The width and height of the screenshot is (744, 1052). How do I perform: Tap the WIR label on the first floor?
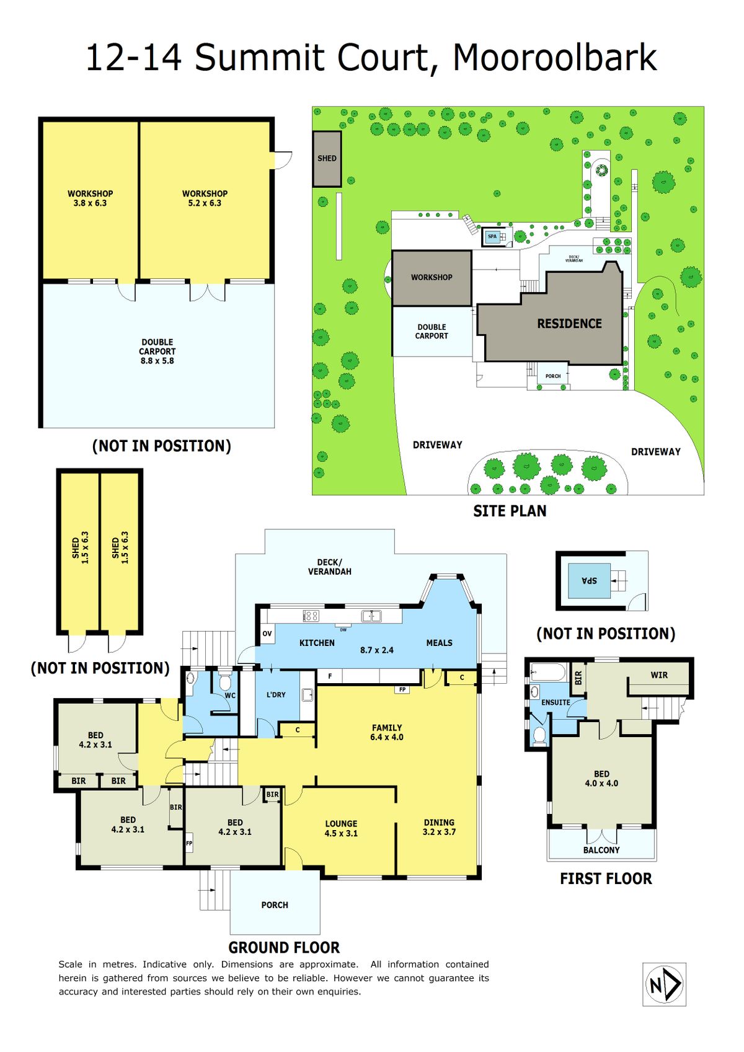coord(659,675)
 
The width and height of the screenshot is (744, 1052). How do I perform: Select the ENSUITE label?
coord(556,702)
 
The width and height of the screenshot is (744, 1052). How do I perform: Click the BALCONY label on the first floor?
coord(601,850)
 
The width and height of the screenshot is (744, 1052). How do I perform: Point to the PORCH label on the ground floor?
coord(275,905)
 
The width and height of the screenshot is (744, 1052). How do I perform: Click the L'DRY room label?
coord(276,694)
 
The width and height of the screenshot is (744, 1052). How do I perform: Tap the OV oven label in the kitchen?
coord(267,634)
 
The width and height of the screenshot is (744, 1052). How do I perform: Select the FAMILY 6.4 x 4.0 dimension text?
coord(386,732)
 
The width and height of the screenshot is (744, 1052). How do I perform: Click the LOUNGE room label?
coord(342,823)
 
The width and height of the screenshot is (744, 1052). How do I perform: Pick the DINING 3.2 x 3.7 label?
coord(439,827)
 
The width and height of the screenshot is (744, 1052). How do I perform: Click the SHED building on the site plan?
coord(327,159)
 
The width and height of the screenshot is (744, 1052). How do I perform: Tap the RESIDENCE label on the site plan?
coord(569,324)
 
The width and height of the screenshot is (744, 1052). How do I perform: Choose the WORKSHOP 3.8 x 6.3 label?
coord(90,198)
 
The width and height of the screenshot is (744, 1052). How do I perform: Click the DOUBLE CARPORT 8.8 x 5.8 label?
coord(157,351)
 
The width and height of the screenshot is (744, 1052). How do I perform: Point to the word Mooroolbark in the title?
coord(555,57)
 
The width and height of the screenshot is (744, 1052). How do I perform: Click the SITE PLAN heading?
coord(510,511)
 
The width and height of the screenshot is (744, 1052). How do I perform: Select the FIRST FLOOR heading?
coord(606,878)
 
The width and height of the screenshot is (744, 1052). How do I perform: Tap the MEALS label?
coord(439,642)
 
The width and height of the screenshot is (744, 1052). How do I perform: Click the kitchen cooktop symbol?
coord(311,615)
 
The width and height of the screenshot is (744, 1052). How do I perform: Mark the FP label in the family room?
coord(402,689)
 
